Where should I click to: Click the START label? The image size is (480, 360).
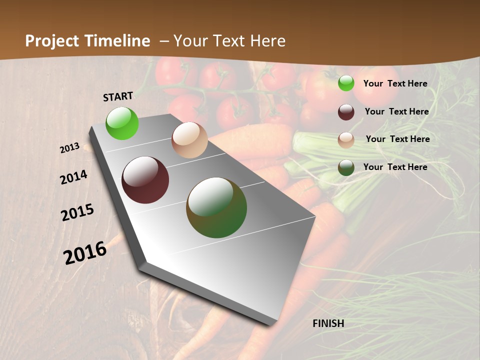[118, 96]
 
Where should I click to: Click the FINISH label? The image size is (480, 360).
[328, 323]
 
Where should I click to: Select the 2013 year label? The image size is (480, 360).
[69, 148]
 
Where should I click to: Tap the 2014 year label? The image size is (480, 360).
[73, 177]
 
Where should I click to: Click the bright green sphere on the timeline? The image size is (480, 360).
[122, 123]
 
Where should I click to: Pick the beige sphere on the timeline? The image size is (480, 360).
[189, 140]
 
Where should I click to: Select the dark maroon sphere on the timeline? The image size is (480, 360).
[145, 180]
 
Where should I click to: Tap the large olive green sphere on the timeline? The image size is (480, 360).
[216, 207]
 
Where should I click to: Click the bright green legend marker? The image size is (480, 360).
[346, 83]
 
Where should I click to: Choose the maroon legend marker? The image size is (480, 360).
[346, 112]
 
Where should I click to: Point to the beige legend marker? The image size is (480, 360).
[346, 140]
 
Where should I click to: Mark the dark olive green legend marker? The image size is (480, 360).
[346, 167]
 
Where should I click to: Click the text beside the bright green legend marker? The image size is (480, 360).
[395, 83]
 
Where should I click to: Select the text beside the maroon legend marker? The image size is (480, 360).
[396, 111]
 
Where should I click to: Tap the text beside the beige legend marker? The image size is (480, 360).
[397, 139]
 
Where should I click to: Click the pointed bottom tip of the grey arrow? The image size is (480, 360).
[270, 324]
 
